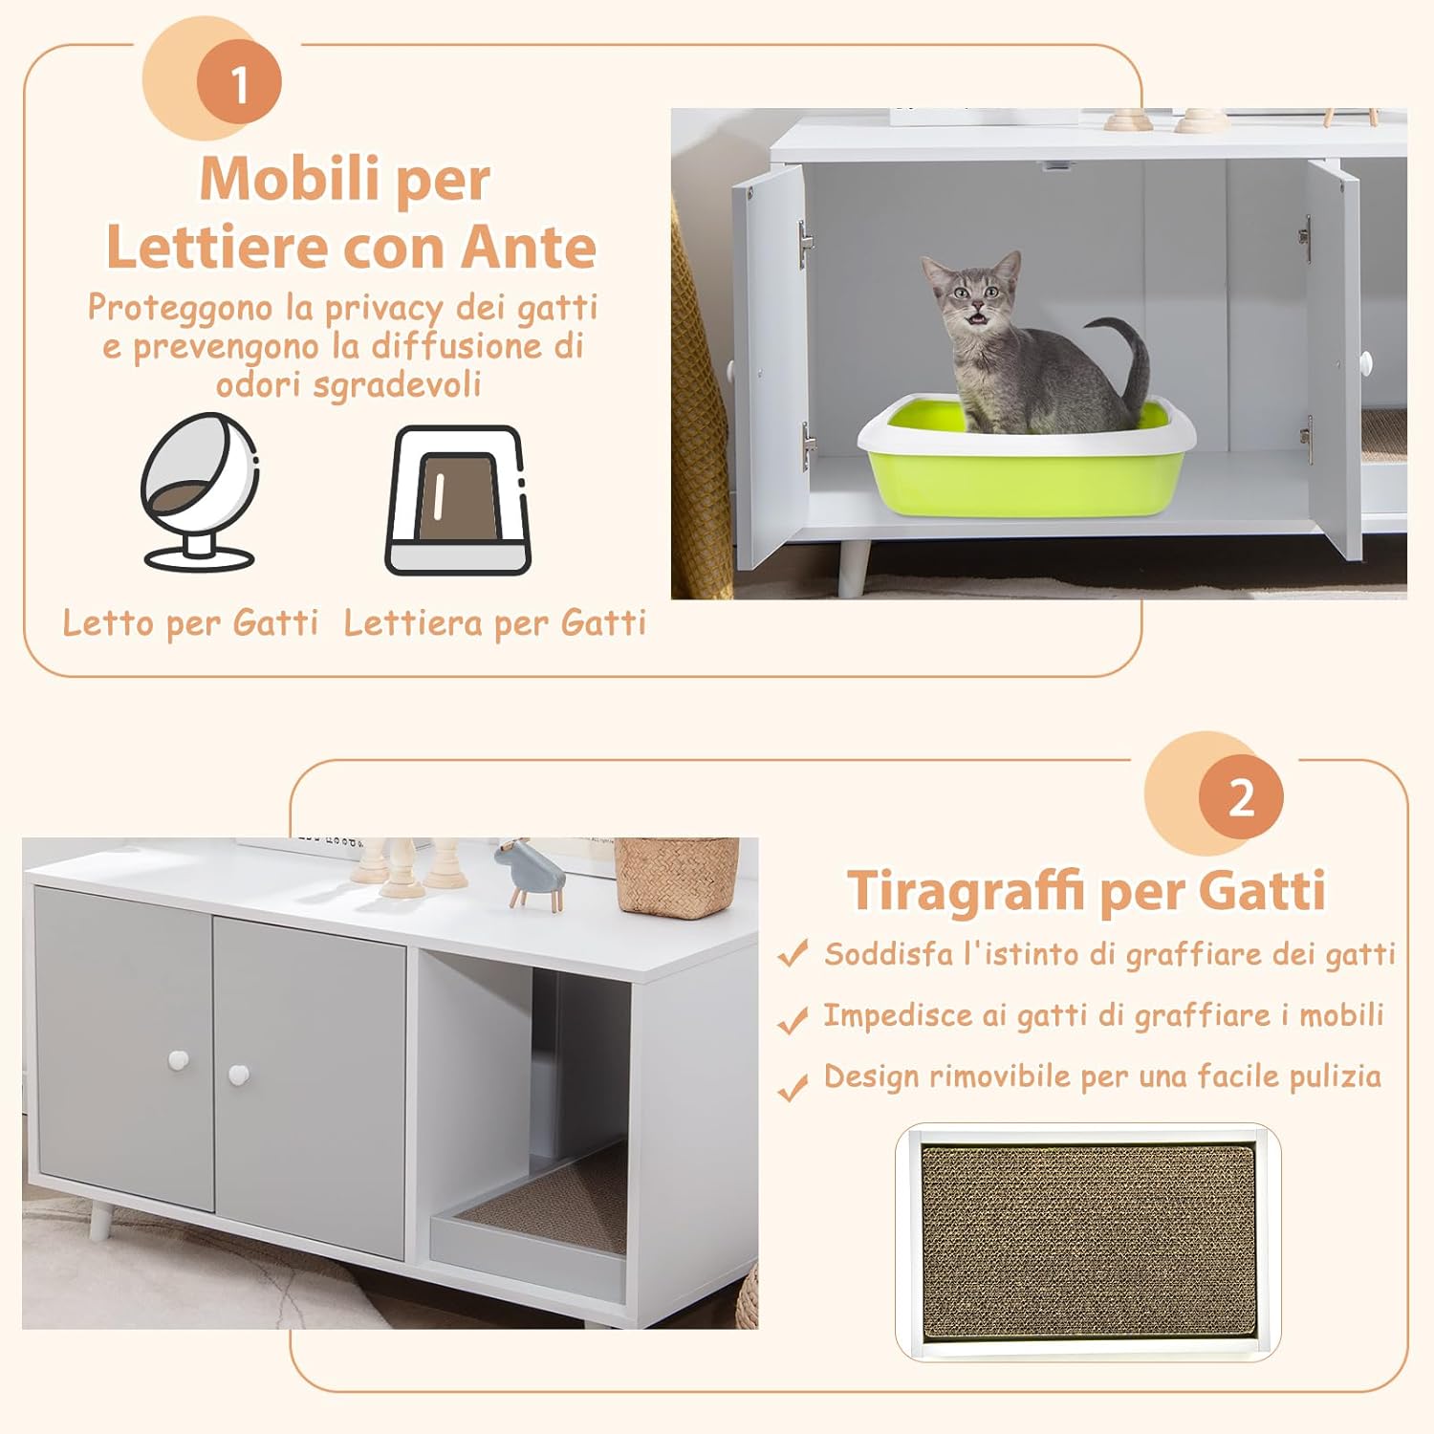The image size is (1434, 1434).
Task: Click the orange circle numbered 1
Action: point(239,84)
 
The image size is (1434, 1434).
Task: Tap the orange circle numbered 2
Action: point(1240,797)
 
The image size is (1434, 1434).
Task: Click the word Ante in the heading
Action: point(528,248)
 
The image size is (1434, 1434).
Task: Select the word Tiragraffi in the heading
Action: point(967,891)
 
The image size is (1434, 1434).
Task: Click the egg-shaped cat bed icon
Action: point(200,491)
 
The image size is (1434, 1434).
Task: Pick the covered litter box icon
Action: point(458,501)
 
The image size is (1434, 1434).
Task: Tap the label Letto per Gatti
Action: point(190,623)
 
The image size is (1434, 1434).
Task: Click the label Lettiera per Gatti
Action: point(495,623)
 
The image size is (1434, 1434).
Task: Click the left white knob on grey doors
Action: point(179,1060)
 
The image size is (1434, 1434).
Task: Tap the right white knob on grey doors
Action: point(239,1075)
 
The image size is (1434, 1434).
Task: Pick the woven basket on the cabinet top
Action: point(675,875)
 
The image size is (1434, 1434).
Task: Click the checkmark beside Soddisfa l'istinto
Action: point(793,954)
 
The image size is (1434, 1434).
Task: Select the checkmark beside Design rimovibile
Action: point(793,1087)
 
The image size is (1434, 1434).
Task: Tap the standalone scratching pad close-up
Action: point(1087,1241)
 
